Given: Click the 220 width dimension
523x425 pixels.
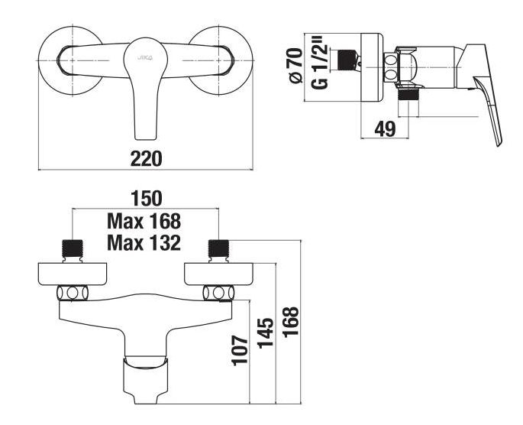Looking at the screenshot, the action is [146, 158].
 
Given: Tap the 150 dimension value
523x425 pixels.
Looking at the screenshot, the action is [147, 198].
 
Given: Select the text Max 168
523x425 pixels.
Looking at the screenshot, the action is [144, 221].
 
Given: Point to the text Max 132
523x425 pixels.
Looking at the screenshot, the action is [144, 243].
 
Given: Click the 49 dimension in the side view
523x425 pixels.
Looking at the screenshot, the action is [385, 128].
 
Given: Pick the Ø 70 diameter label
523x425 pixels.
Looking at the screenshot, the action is [295, 66].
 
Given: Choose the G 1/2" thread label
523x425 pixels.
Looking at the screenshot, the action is [320, 65].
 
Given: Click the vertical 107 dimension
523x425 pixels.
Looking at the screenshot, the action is [241, 350].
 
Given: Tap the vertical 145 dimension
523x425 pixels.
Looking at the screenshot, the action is [266, 333].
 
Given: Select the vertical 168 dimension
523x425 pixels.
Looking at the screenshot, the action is [291, 322].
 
